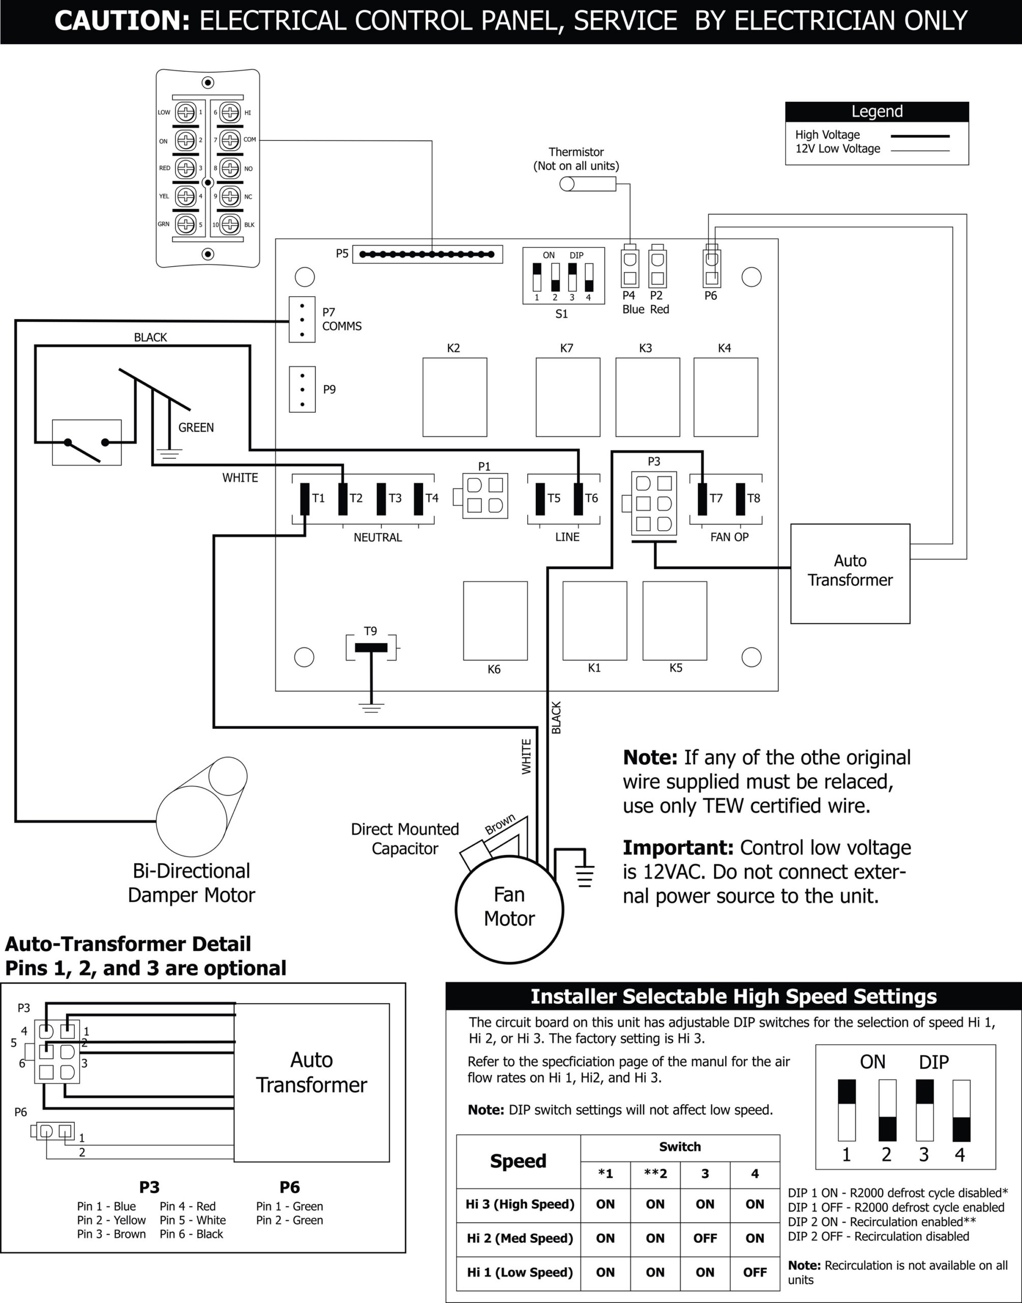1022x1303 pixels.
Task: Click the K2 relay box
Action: (x=455, y=397)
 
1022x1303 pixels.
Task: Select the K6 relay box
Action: (x=495, y=620)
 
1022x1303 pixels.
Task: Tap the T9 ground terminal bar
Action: (x=371, y=647)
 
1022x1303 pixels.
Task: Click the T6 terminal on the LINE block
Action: (x=579, y=498)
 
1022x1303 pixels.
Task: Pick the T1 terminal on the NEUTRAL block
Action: (x=305, y=498)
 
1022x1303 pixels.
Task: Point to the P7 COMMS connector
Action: (x=302, y=320)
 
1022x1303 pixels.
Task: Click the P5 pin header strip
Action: (x=427, y=254)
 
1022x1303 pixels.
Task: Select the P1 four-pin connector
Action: (x=485, y=496)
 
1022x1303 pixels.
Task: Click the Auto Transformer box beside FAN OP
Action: (x=850, y=573)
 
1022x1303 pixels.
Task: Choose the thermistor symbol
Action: (x=588, y=184)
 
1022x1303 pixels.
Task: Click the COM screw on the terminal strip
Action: (x=230, y=140)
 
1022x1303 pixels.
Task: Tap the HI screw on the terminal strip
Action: (x=230, y=112)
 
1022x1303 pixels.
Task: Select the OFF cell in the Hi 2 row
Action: (x=705, y=1238)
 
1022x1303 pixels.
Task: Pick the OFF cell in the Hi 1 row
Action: (x=755, y=1272)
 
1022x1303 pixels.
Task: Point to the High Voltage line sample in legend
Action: (x=920, y=136)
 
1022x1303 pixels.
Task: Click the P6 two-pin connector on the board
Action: (x=711, y=268)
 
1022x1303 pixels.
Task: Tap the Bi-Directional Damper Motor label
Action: (x=192, y=883)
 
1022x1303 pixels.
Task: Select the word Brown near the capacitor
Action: (x=500, y=825)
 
